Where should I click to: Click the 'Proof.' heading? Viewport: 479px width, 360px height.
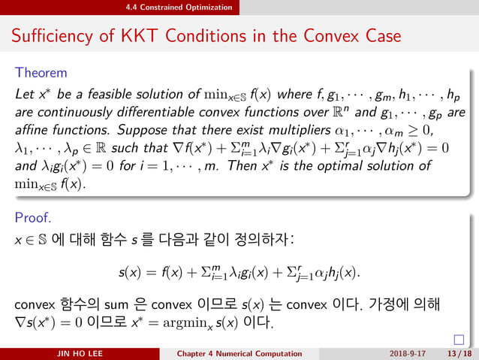tap(32, 218)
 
